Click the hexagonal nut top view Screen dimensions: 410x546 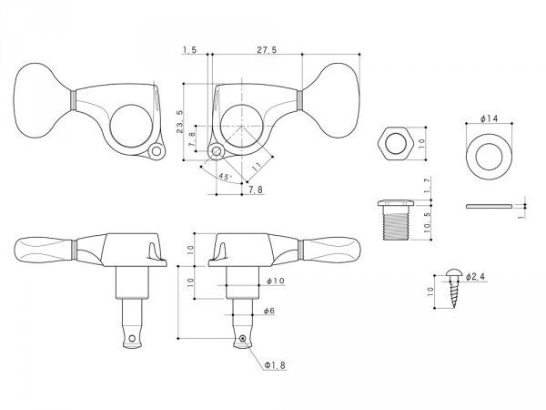point(396,143)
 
